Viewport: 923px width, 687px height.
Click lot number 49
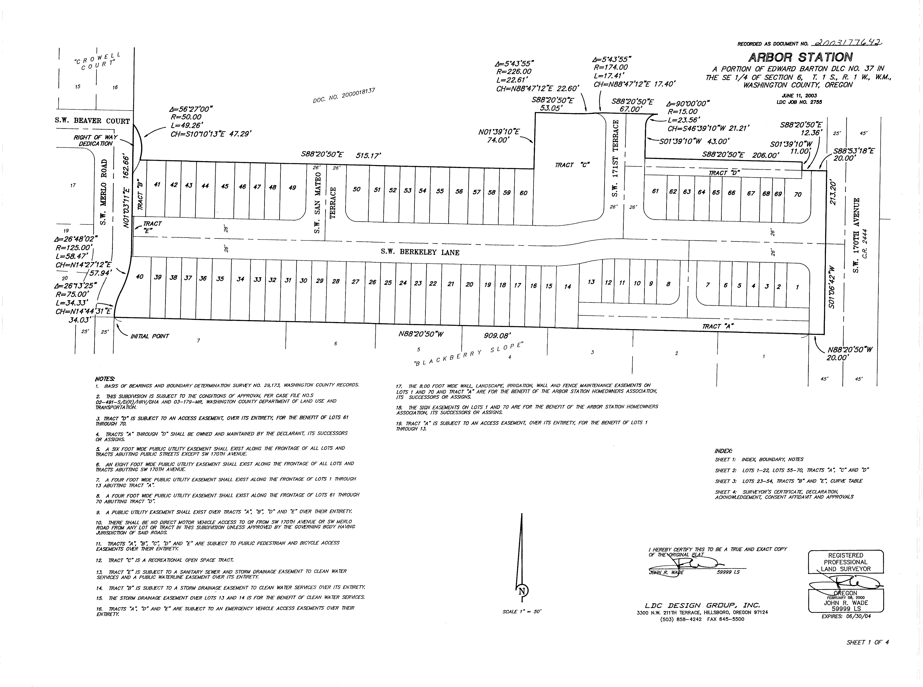(292, 188)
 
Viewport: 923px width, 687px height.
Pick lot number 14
(568, 286)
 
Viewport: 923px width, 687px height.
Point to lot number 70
(797, 194)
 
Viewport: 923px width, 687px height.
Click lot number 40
(140, 277)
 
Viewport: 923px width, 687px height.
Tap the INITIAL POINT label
(150, 336)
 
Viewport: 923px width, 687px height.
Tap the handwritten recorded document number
(848, 42)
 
